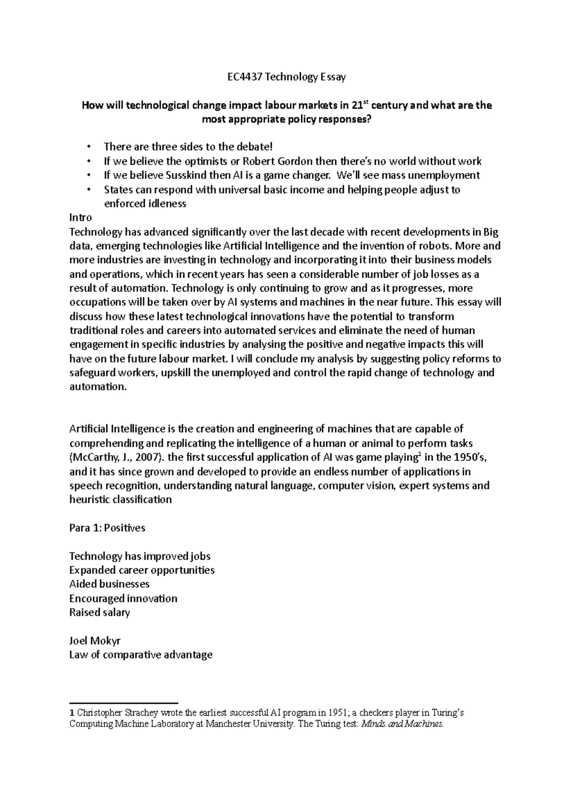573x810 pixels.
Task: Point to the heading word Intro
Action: point(80,218)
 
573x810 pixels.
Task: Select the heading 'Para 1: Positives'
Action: point(107,528)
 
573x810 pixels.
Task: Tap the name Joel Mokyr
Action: point(98,641)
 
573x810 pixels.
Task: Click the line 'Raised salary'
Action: point(99,613)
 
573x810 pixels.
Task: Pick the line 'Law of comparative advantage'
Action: point(140,654)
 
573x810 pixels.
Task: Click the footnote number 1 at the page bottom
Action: point(72,714)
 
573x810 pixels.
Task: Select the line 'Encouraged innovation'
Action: point(123,599)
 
